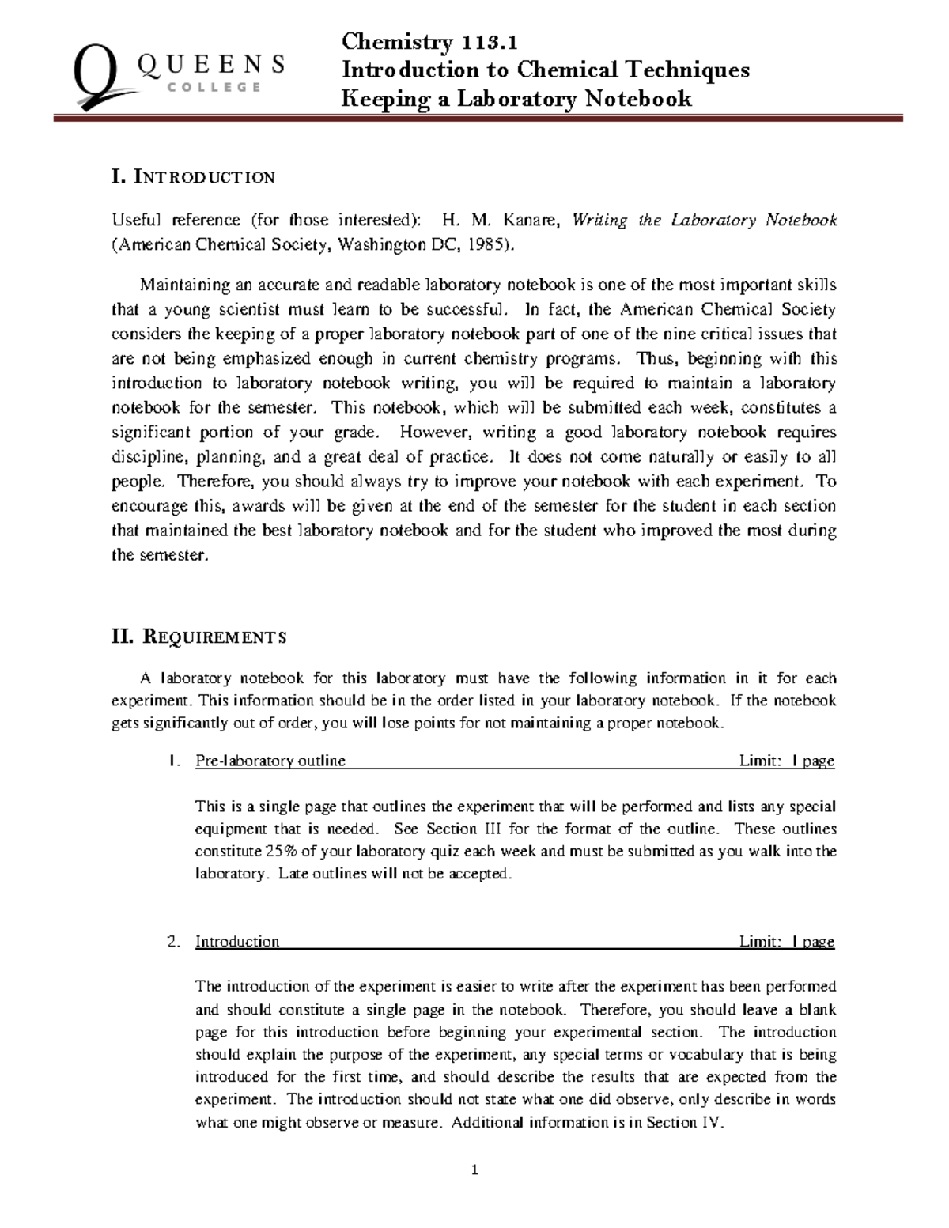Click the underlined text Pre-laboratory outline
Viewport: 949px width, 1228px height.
270,761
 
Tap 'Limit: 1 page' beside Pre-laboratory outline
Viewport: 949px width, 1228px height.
786,761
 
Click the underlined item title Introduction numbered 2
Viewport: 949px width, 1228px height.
237,941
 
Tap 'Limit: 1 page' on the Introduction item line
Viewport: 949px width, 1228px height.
786,941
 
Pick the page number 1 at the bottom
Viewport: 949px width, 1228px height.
475,1170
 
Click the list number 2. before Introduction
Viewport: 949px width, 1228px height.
175,941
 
